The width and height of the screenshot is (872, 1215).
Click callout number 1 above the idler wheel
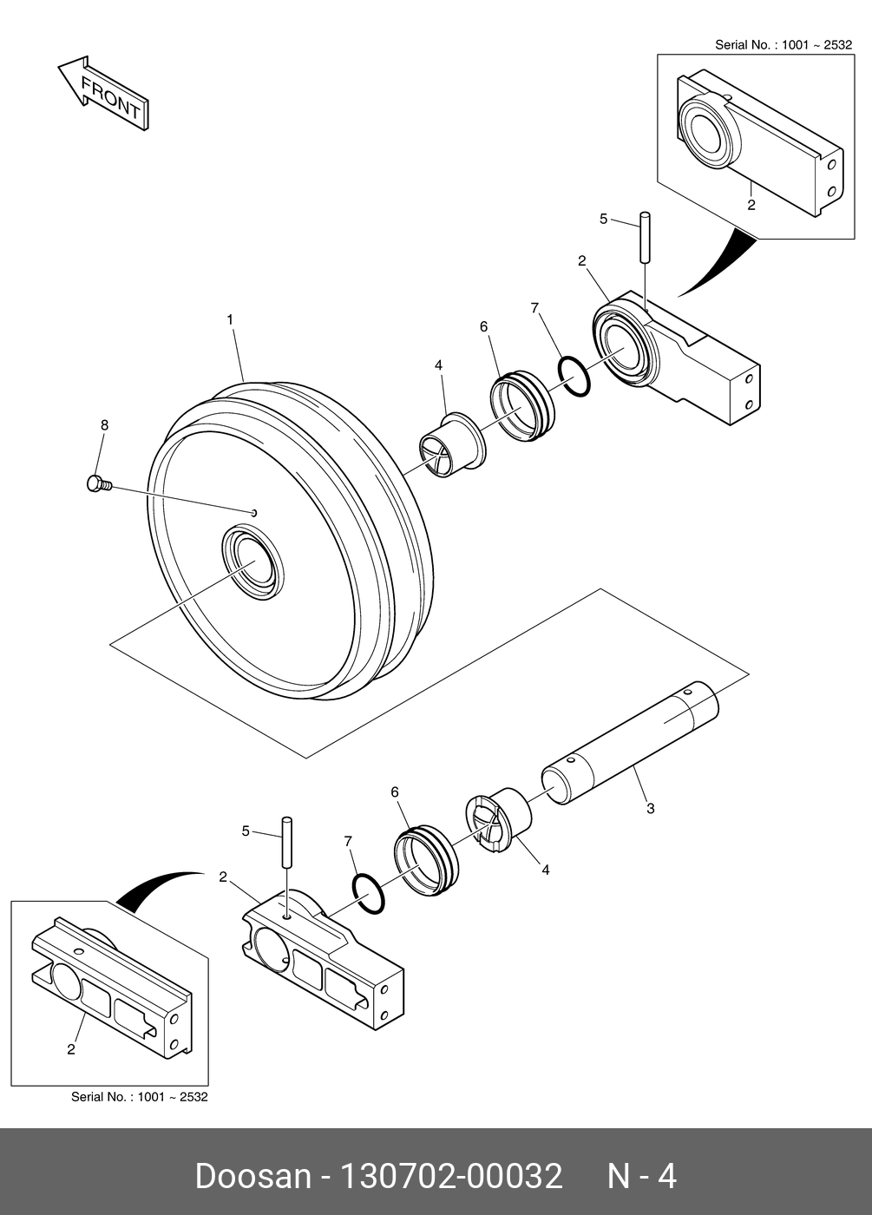230,320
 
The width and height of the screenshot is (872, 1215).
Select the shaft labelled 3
631,745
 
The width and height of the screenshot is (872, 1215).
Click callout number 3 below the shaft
651,809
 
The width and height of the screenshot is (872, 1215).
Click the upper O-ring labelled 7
574,376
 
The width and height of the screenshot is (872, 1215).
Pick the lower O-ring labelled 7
368,894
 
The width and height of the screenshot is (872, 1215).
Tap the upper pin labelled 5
646,236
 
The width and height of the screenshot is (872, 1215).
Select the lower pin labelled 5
286,841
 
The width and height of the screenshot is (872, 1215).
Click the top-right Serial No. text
783,44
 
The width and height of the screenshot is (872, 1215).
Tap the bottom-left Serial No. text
139,1097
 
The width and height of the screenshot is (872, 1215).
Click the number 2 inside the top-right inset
751,206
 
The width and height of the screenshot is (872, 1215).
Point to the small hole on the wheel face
254,513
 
